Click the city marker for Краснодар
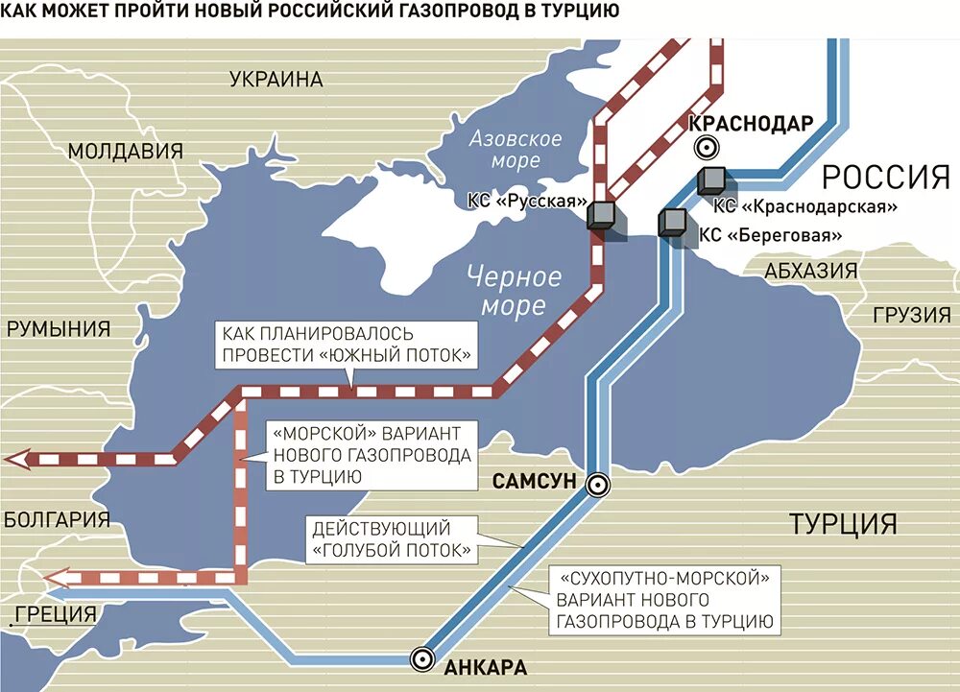pos(707,147)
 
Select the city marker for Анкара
pos(420,658)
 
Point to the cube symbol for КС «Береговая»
pos(672,223)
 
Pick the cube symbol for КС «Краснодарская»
pos(712,179)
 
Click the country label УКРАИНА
pos(276,80)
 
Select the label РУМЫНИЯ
pos(59,329)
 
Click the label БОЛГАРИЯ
pos(58,519)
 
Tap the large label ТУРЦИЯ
pos(843,523)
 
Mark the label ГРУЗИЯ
pos(911,315)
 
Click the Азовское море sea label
pos(516,149)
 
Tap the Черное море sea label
pos(514,292)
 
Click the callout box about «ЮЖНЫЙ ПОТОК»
pos(348,345)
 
